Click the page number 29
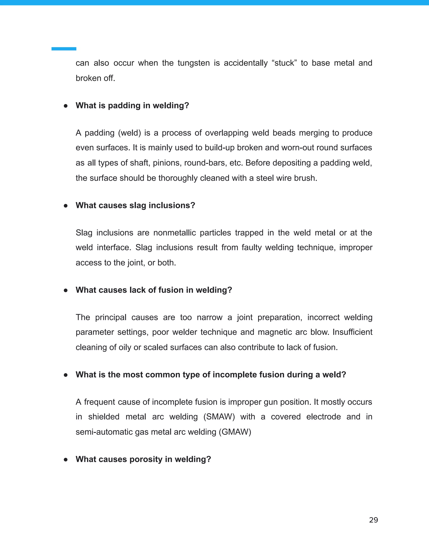coord(373,520)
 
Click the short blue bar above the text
coord(64,49)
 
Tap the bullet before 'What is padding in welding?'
coord(66,106)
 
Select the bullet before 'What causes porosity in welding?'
coord(66,459)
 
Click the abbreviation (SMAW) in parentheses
coord(219,417)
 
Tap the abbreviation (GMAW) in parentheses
coord(235,432)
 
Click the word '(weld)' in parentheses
coord(130,133)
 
